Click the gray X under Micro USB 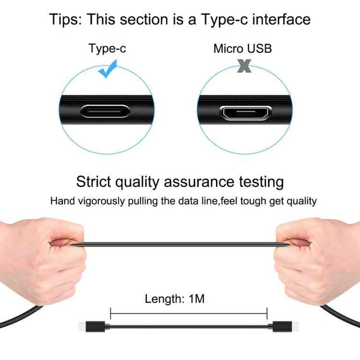243,67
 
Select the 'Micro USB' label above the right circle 242,48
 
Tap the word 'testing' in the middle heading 259,181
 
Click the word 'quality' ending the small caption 300,201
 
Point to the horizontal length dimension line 189,312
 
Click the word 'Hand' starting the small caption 62,201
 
